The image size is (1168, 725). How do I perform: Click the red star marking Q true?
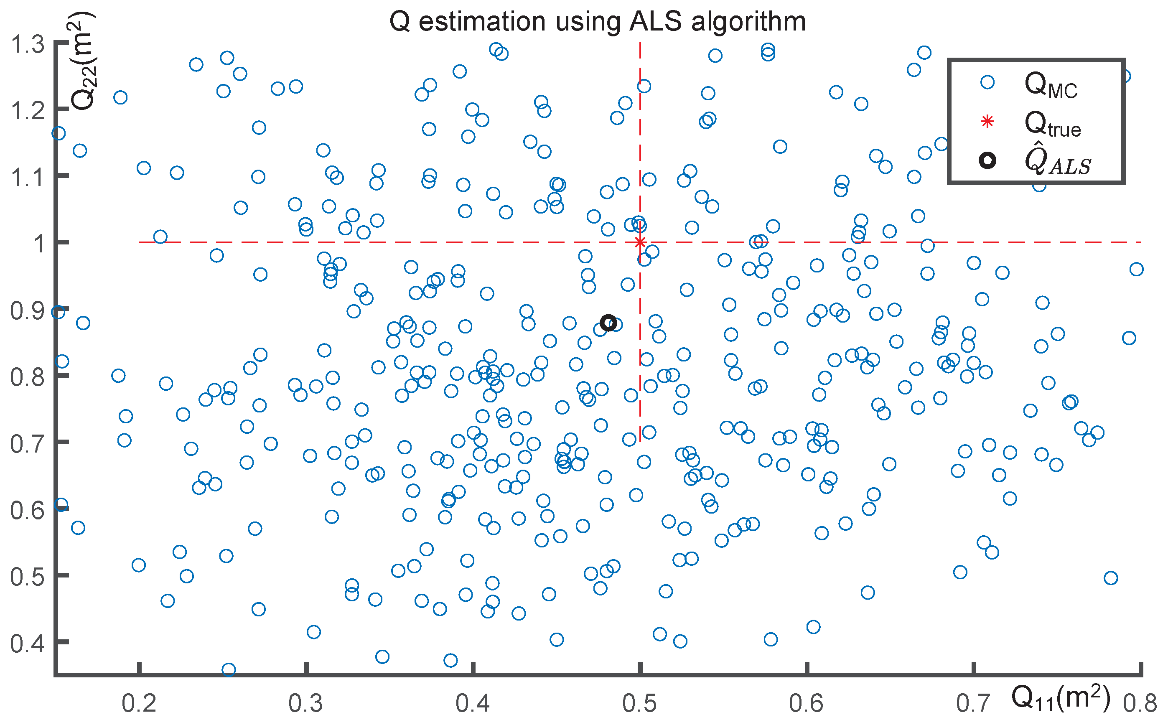point(640,242)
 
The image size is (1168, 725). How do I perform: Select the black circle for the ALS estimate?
point(608,323)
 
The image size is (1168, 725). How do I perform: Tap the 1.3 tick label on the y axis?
point(28,45)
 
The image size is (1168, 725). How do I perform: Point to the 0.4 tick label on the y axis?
point(28,643)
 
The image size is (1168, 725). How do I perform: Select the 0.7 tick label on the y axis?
point(28,443)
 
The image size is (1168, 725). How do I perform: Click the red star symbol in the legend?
point(987,122)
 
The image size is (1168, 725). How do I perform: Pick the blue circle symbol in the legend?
point(987,82)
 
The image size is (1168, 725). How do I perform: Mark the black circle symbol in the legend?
point(987,160)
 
